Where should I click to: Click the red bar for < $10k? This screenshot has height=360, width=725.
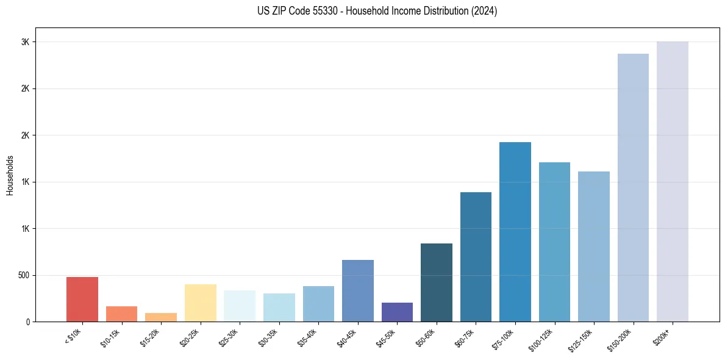tap(82, 300)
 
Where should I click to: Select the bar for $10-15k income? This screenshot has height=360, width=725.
tap(121, 314)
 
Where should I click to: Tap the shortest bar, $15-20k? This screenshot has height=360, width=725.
tap(161, 317)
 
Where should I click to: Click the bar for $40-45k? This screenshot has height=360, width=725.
tap(357, 291)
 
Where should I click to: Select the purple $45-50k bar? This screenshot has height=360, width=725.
tap(397, 312)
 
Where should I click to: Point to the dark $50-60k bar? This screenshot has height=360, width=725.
tap(436, 283)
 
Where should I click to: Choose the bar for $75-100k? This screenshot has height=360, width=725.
tap(515, 232)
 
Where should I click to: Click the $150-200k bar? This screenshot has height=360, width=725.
tap(633, 188)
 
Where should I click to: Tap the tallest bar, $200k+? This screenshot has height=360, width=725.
tap(672, 182)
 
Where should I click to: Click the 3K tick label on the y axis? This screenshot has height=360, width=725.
tap(25, 42)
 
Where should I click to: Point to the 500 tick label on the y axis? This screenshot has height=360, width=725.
tap(23, 275)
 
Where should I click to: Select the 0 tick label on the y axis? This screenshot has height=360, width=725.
tap(27, 322)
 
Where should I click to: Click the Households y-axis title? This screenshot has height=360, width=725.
tap(10, 175)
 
